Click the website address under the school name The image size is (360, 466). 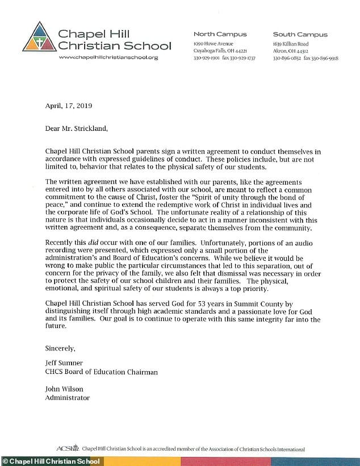[x=108, y=57]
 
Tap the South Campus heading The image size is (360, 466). [x=296, y=34]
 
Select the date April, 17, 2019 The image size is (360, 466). [x=68, y=106]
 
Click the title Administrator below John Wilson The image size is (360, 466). [x=68, y=398]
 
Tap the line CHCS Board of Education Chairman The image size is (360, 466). [x=101, y=372]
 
